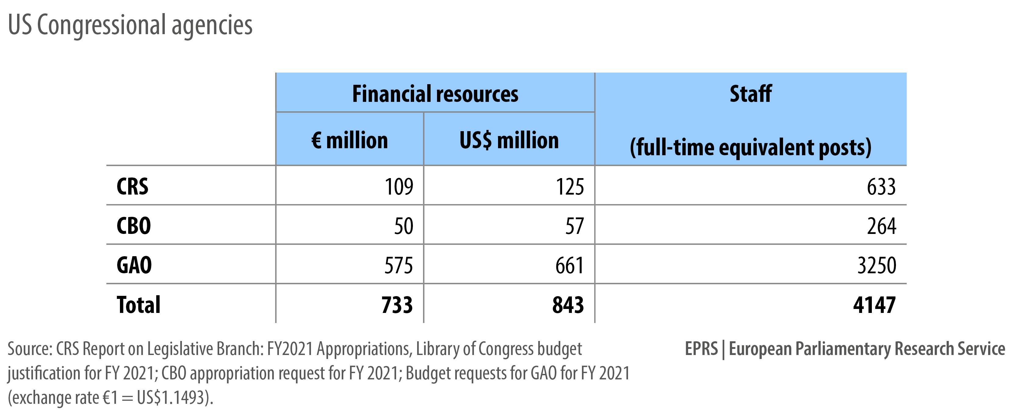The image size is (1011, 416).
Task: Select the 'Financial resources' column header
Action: tap(435, 94)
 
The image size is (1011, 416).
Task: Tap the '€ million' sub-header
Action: tap(349, 140)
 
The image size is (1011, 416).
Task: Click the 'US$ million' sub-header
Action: tap(509, 140)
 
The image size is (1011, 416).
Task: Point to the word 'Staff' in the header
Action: tap(750, 94)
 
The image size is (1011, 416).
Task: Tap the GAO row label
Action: tap(134, 265)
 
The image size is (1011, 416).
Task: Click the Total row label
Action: tap(139, 305)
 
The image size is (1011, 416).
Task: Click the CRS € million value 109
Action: tap(399, 187)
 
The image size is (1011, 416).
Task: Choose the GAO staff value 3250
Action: tap(877, 265)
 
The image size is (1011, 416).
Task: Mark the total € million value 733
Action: tap(397, 305)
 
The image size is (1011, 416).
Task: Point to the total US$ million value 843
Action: tap(568, 305)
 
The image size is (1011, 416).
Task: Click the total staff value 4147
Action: tap(874, 305)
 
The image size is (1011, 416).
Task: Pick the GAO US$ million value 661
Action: tap(569, 265)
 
